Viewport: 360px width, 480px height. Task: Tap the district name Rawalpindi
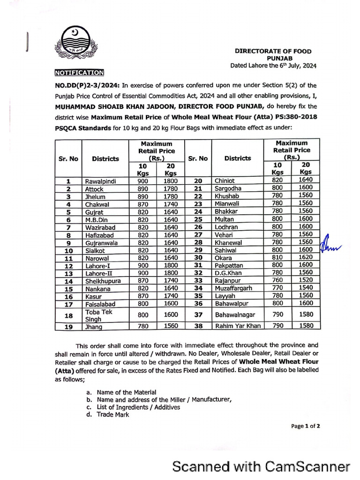pyautogui.click(x=100, y=180)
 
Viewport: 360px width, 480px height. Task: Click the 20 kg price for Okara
pyautogui.click(x=306, y=257)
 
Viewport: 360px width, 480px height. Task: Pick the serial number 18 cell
pyautogui.click(x=68, y=315)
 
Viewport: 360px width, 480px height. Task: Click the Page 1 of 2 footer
pyautogui.click(x=306, y=426)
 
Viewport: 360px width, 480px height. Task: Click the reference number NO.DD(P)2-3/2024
pyautogui.click(x=87, y=85)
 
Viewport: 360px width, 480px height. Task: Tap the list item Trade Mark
pyautogui.click(x=112, y=414)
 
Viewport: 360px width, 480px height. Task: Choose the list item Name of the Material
pyautogui.click(x=127, y=392)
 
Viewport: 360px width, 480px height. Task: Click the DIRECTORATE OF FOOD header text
pyautogui.click(x=273, y=51)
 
